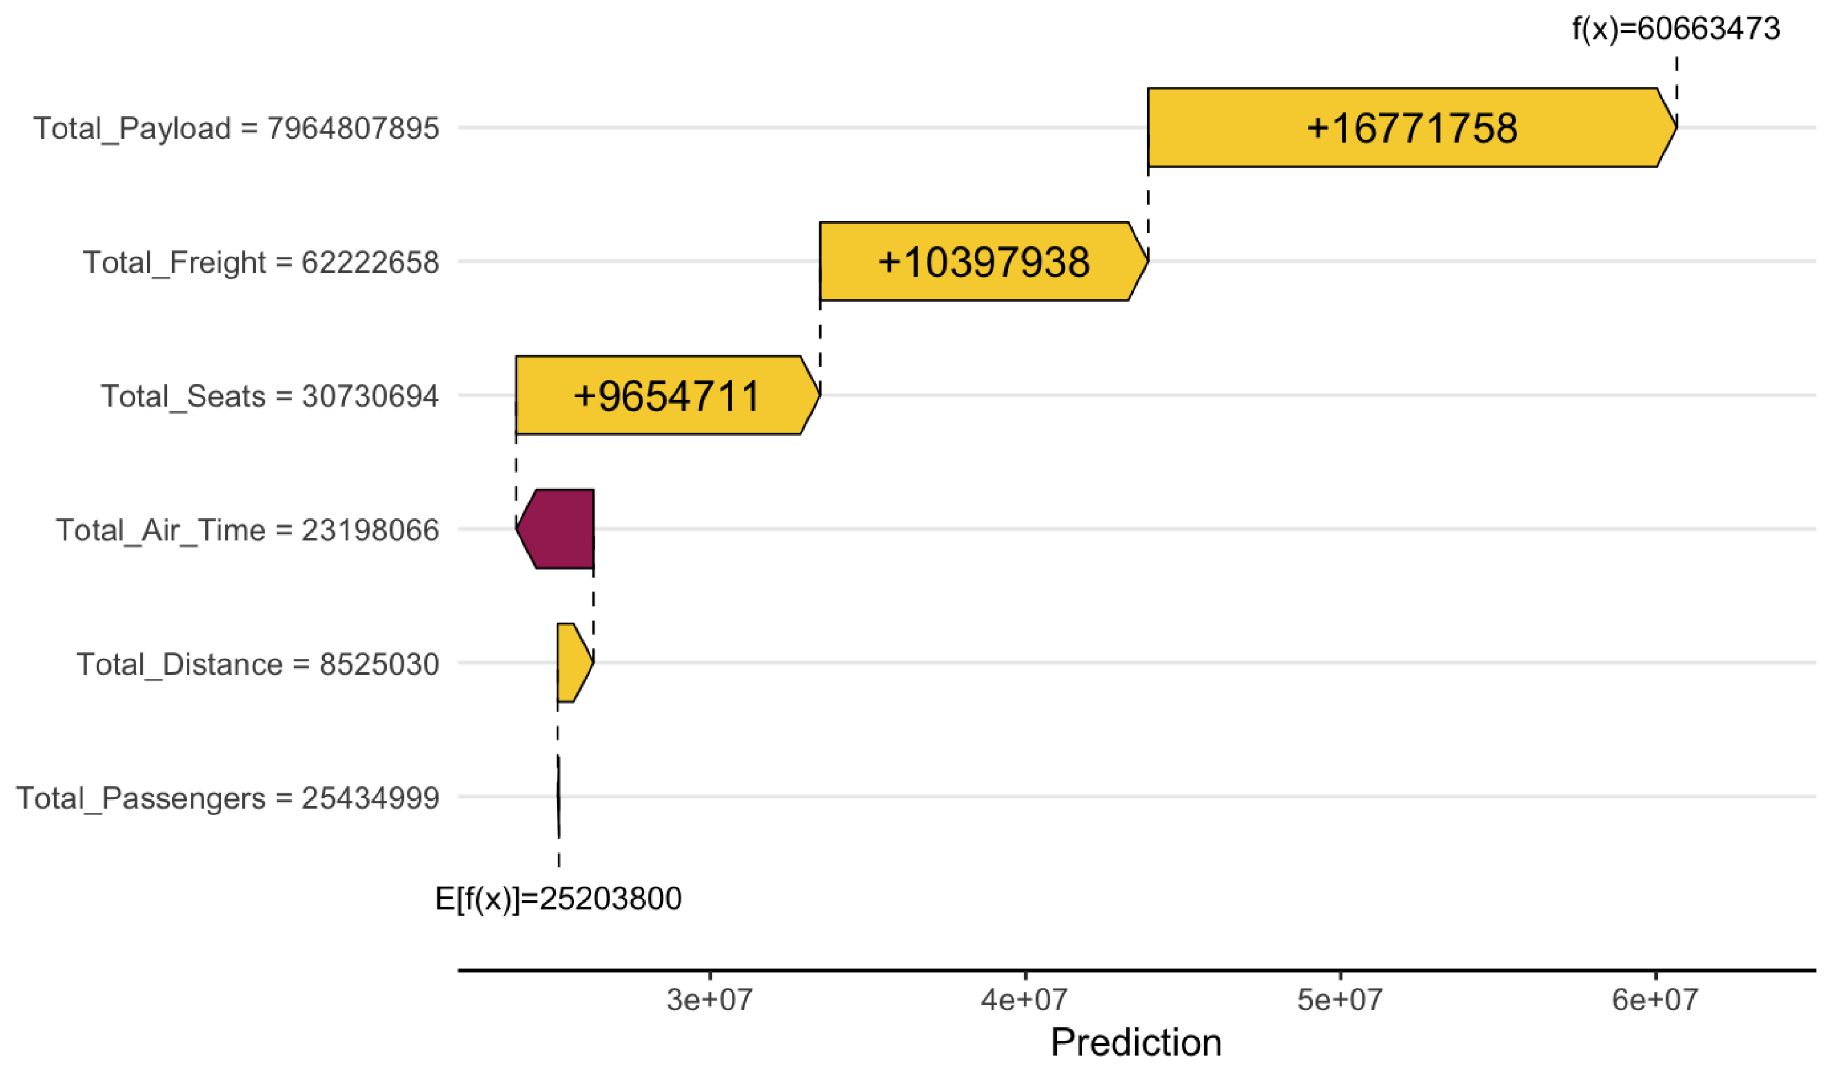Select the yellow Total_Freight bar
(x=848, y=262)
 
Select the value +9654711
(x=667, y=396)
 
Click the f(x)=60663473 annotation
(x=1675, y=29)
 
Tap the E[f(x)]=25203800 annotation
(x=558, y=898)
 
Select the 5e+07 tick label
(x=1339, y=999)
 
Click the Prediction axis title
(x=1135, y=1042)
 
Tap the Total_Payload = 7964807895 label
(x=236, y=129)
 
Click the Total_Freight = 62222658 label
(x=261, y=262)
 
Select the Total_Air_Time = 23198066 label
(x=248, y=529)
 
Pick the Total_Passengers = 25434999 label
(x=228, y=798)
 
